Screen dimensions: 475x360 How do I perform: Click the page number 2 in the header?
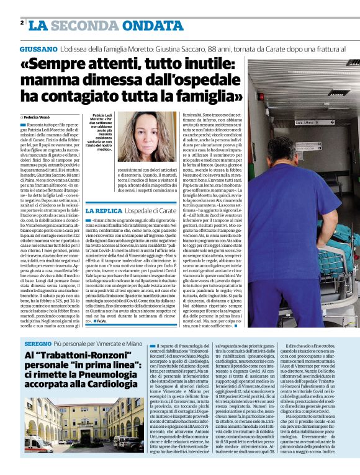coord(22,23)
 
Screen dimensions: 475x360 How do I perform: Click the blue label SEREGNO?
coord(38,343)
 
